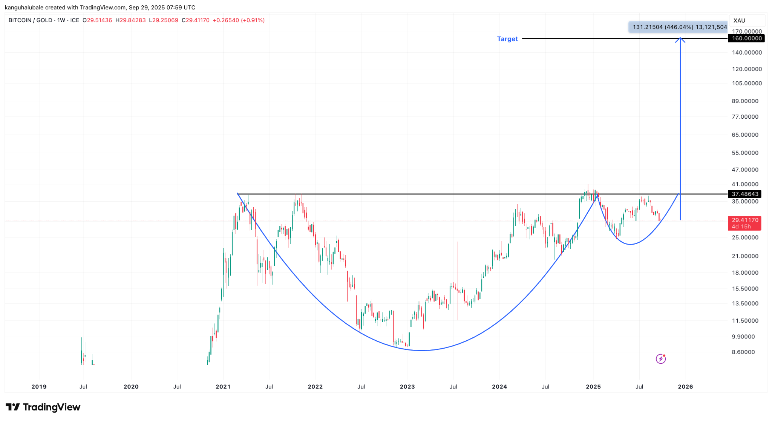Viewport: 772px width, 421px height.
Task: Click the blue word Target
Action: (x=507, y=39)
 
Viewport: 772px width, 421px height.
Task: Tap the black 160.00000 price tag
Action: (x=746, y=38)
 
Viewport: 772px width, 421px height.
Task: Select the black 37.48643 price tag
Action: (x=745, y=194)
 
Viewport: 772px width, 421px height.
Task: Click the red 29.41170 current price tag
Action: (x=745, y=220)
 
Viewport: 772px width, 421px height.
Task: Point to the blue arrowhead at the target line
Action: (x=680, y=39)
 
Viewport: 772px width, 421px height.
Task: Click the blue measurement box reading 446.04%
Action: (x=679, y=27)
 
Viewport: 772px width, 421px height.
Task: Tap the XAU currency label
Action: (x=739, y=20)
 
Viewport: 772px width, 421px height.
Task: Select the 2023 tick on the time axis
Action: (x=407, y=387)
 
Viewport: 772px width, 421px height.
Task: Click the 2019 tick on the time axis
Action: (x=39, y=387)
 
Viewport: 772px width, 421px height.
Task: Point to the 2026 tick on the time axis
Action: (x=685, y=387)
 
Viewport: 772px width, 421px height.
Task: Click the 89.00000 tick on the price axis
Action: (x=745, y=101)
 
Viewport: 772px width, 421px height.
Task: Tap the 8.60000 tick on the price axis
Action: (x=743, y=352)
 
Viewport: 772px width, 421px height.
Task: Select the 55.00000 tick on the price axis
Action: (x=745, y=153)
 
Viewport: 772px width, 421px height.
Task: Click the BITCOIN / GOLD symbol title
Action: (x=30, y=20)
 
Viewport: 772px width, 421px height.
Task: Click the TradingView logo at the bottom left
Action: (x=43, y=407)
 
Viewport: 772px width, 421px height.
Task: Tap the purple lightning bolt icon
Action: (x=660, y=359)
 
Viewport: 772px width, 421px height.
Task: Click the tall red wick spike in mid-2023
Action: (x=457, y=264)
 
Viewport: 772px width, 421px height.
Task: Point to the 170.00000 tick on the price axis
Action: (x=746, y=32)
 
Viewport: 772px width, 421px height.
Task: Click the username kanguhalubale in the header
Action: (x=24, y=8)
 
